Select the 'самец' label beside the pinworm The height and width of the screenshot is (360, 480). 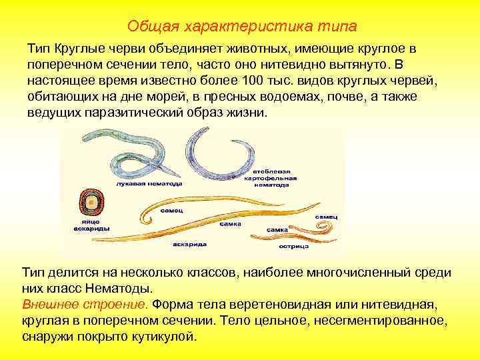[327, 217]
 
